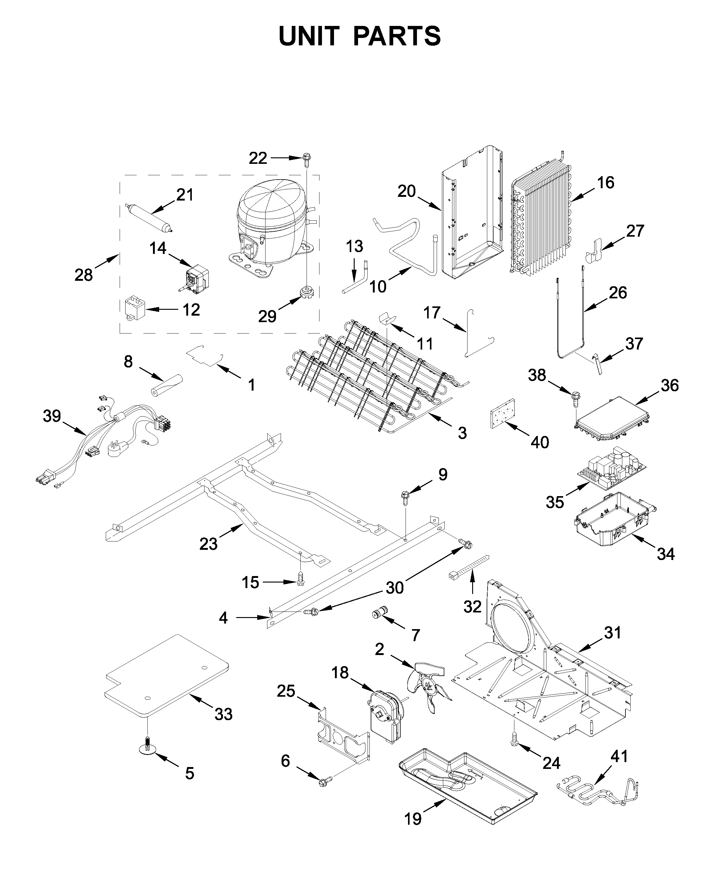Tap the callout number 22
click(258, 158)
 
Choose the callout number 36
click(669, 385)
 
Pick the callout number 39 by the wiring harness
click(52, 416)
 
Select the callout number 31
click(613, 633)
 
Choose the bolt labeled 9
click(405, 496)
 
